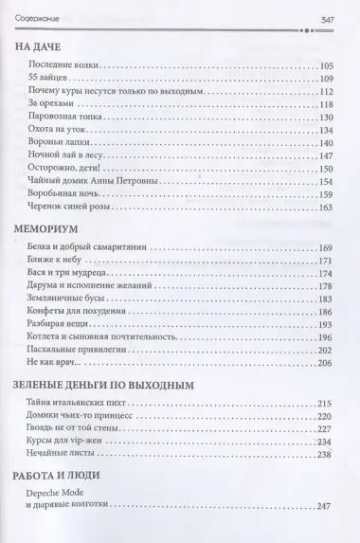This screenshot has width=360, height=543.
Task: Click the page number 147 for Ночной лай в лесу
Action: [327, 155]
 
